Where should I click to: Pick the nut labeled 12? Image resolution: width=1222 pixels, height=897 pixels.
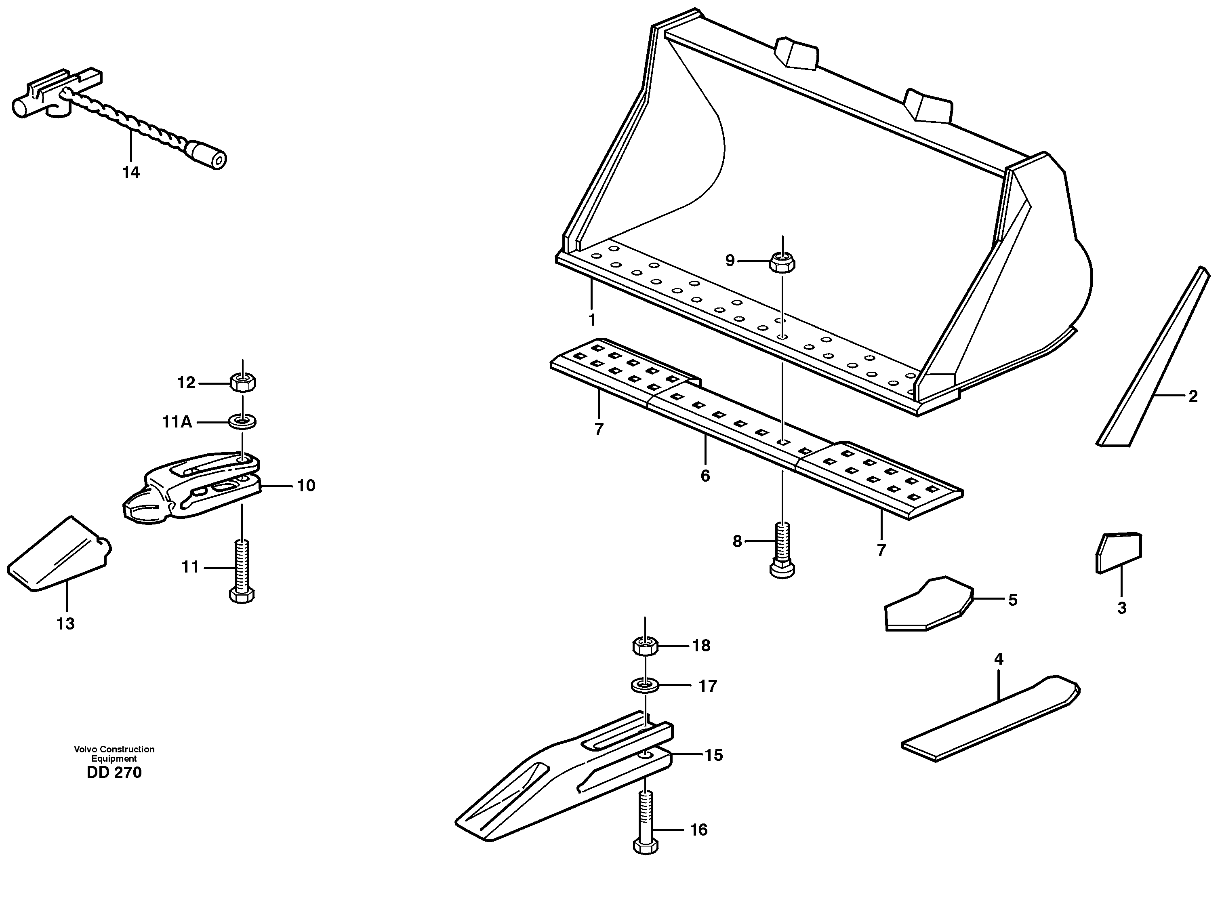243,383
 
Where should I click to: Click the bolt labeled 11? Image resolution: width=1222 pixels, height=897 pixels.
242,570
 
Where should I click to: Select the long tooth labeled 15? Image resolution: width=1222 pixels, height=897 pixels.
565,782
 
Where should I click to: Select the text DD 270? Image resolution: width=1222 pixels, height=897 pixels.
114,773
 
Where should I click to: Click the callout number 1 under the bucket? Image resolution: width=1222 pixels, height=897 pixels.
592,320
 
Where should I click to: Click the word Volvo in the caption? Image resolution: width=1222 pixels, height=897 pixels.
86,749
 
